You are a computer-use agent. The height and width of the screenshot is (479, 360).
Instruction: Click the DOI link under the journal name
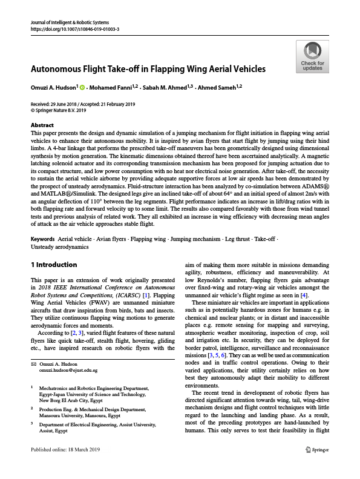74,29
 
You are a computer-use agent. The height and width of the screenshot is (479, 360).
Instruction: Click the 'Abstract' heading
42,125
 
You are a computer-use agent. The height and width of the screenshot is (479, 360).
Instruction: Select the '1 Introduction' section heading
54,265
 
